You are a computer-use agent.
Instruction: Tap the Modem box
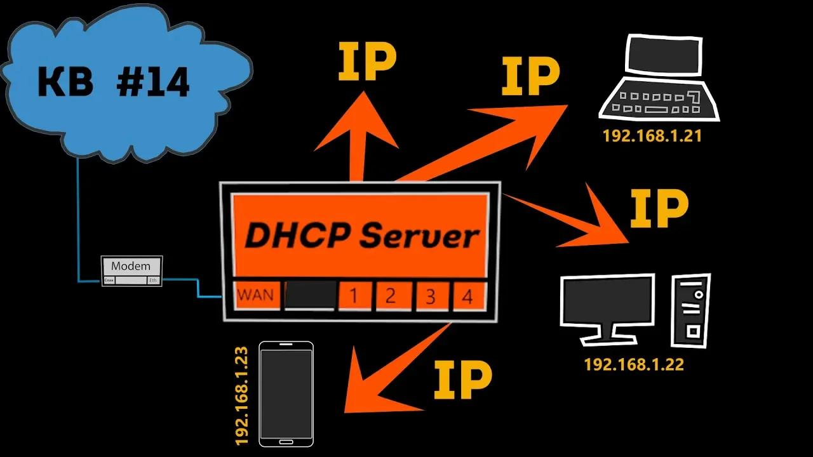click(x=132, y=270)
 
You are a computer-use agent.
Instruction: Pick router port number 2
click(x=391, y=296)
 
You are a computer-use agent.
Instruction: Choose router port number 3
click(x=430, y=296)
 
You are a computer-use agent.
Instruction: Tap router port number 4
click(x=467, y=296)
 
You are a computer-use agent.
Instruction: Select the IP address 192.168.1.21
click(x=652, y=136)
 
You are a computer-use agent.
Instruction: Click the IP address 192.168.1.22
click(x=634, y=365)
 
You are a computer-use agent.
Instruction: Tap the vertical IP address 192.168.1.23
click(x=241, y=395)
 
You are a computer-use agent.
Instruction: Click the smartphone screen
click(x=286, y=394)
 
